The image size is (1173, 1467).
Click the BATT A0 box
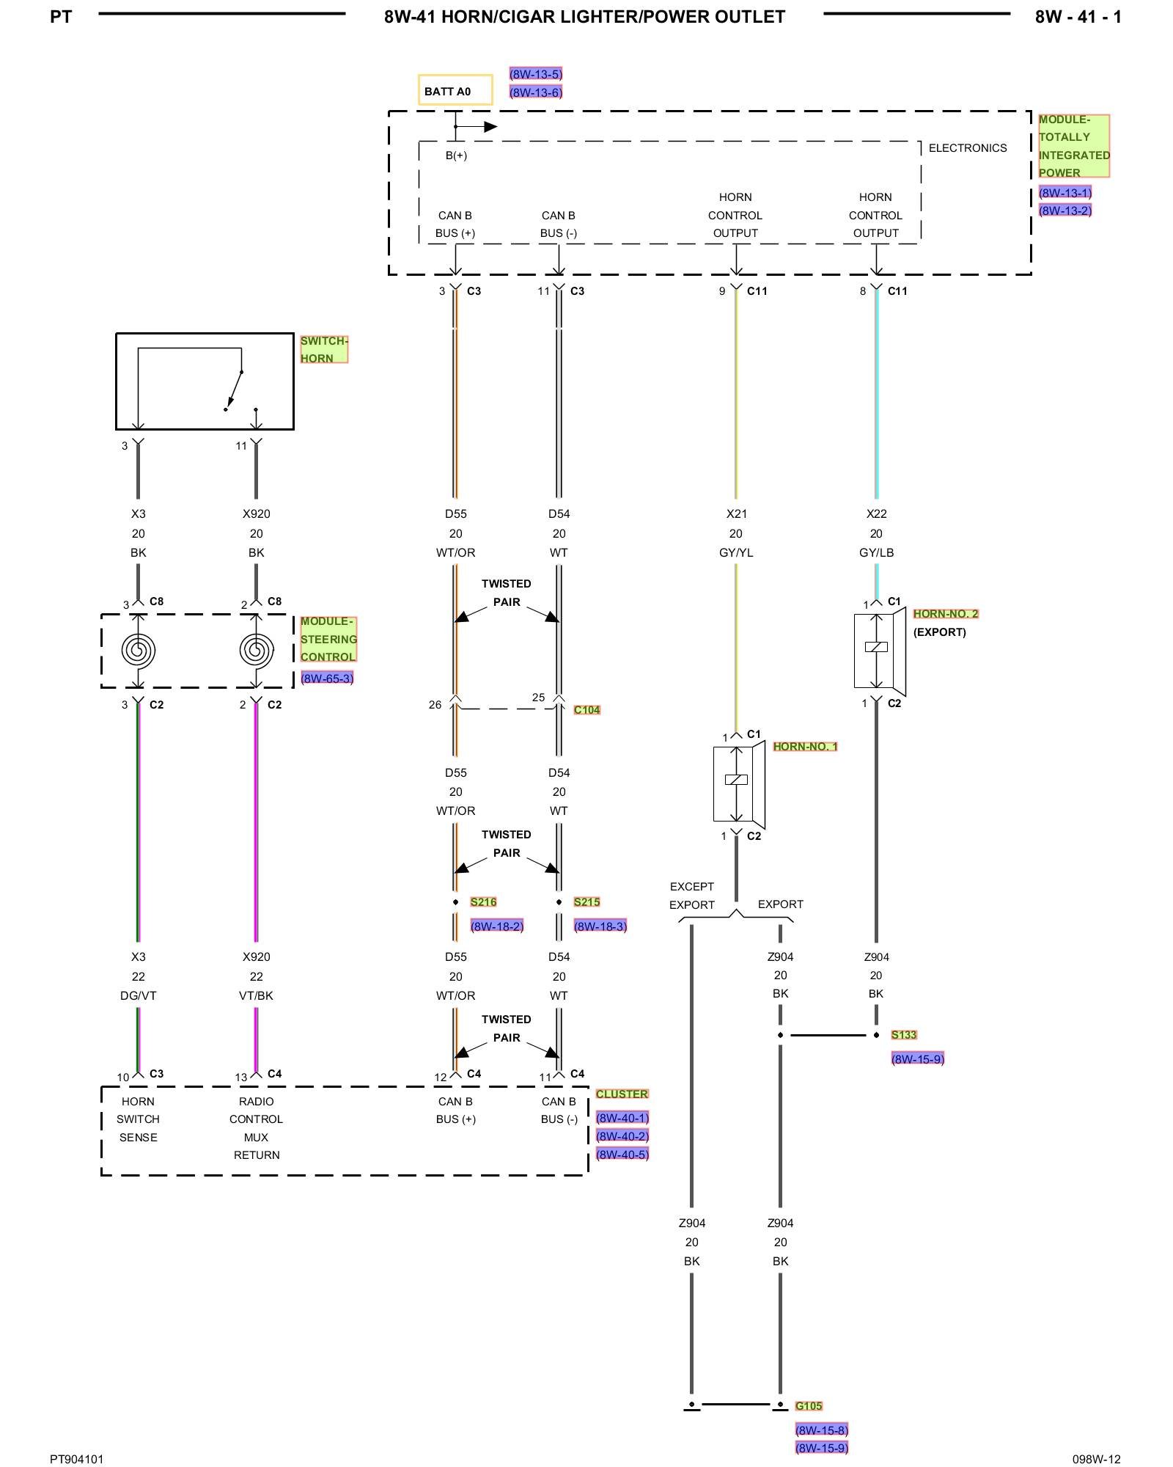pos(455,90)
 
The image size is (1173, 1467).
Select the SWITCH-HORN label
pos(323,349)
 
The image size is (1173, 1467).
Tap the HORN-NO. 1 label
pos(805,746)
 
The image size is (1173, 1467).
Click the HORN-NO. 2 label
pos(946,613)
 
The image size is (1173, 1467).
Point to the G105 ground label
pos(809,1405)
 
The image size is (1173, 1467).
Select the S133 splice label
pos(904,1034)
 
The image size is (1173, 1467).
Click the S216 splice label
pos(483,901)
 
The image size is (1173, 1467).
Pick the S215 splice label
pos(586,901)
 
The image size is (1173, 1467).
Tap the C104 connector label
pos(586,709)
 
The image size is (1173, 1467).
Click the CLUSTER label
pos(622,1094)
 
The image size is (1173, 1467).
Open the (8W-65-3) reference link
pos(327,678)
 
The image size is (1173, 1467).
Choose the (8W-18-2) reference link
pos(497,926)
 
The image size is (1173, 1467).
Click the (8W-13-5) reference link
pos(536,73)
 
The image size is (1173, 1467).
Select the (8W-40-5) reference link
pos(622,1154)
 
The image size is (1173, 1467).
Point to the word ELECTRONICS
pos(968,147)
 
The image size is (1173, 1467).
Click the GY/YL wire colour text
pos(736,552)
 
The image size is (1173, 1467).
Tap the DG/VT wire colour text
pos(138,995)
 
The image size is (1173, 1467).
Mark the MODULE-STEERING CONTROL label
pos(328,639)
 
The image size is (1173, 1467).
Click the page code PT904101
pos(77,1459)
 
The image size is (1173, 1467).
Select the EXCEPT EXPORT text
pos(691,895)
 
